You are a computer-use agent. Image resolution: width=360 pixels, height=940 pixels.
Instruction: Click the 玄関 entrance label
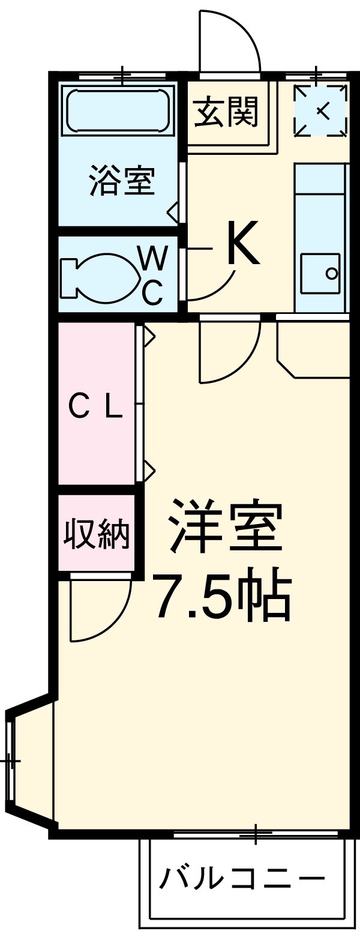pos(226,112)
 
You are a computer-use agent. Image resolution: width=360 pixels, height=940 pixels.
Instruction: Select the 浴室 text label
pos(122,180)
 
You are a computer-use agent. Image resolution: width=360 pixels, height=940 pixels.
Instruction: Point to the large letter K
pos(243,244)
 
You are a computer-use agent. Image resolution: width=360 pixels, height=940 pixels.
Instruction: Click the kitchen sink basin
pos(320,274)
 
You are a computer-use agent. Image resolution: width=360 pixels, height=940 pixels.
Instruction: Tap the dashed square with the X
pos(320,110)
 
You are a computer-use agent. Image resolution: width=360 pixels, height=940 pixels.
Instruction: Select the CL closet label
pos(95,408)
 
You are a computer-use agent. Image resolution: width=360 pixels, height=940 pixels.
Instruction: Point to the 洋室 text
pos(226,527)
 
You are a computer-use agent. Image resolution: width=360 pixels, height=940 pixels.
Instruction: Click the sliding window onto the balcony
pos(255,834)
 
